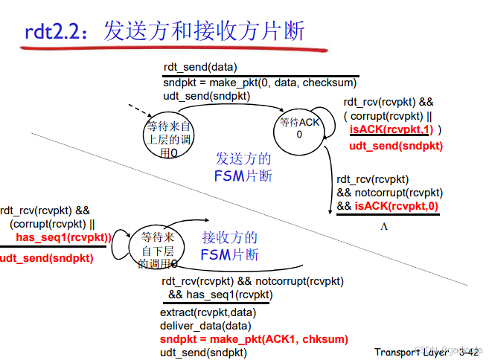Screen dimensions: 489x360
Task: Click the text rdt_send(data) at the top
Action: pyautogui.click(x=200, y=67)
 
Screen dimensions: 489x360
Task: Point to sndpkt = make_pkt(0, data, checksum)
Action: pyautogui.click(x=260, y=83)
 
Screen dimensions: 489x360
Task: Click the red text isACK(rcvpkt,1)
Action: pyautogui.click(x=390, y=129)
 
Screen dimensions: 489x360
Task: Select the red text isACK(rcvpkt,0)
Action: pyautogui.click(x=397, y=206)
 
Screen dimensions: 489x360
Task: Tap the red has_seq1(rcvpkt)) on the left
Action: pyautogui.click(x=63, y=238)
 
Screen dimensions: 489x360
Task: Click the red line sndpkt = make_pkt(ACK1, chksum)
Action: pyautogui.click(x=254, y=339)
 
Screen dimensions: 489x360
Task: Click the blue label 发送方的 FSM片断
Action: pyautogui.click(x=243, y=167)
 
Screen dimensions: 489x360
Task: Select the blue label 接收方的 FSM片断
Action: pyautogui.click(x=230, y=246)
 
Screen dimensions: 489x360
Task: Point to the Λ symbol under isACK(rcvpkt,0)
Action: pyautogui.click(x=385, y=225)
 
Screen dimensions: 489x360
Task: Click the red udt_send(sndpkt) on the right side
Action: pyautogui.click(x=395, y=146)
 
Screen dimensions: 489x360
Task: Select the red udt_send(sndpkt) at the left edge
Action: pyautogui.click(x=47, y=258)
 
